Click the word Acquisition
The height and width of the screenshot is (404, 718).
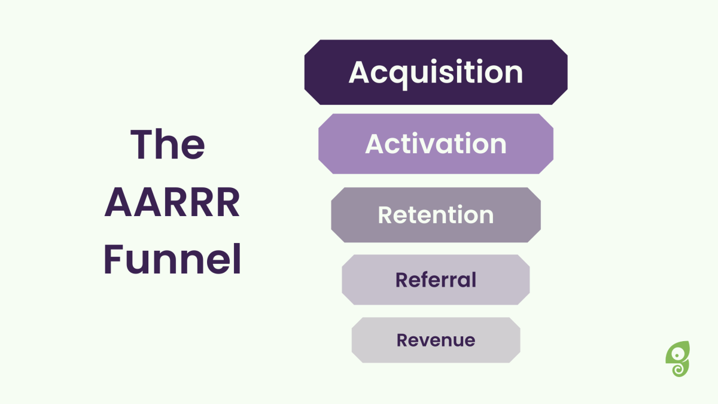pos(436,74)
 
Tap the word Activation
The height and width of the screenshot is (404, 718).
pos(436,144)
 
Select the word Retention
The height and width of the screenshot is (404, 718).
pos(436,214)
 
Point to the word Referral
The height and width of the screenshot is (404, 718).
pos(436,280)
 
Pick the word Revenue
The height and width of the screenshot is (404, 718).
pos(436,340)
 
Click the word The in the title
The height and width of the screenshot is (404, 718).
pos(168,144)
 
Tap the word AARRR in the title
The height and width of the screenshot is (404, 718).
pos(172,202)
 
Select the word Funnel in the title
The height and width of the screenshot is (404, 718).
pos(172,259)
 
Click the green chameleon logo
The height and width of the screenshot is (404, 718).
pos(677,359)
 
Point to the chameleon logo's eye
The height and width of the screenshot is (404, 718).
pos(677,356)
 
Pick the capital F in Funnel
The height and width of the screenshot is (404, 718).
pos(114,259)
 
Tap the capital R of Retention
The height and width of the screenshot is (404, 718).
pos(385,214)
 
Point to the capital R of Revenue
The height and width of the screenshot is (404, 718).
pos(403,340)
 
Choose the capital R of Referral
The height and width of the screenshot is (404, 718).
pos(402,280)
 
